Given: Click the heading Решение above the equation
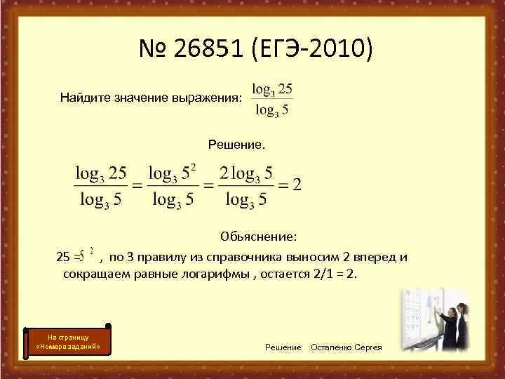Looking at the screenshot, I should pos(236,145).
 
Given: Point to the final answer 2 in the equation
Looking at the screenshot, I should pos(297,185).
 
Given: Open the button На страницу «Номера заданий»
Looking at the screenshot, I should pos(69,341).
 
